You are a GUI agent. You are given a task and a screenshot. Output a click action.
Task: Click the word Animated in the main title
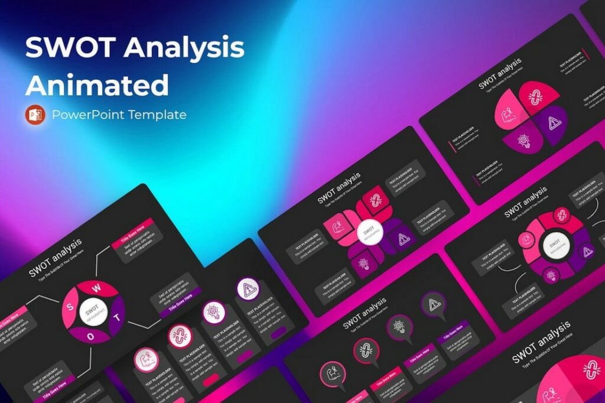tap(97, 84)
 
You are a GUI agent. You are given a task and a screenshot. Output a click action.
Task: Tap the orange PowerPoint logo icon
tap(35, 114)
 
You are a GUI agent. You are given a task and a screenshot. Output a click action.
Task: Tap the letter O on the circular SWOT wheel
tap(92, 335)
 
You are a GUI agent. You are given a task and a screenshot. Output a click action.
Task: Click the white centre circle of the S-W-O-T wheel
tap(93, 311)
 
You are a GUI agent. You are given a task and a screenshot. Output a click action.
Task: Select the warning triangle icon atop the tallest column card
tap(248, 290)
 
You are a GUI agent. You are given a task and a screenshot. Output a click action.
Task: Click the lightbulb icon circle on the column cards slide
tap(213, 311)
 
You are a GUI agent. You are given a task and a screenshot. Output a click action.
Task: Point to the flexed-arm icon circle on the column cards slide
tap(145, 359)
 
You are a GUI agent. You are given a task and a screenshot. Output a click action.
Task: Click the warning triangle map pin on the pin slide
tap(433, 305)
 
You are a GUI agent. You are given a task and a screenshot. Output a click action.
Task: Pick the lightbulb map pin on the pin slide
tap(399, 326)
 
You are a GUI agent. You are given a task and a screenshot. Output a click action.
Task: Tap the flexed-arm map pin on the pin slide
tap(332, 374)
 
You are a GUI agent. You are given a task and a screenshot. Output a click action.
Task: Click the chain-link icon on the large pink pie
tap(591, 370)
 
